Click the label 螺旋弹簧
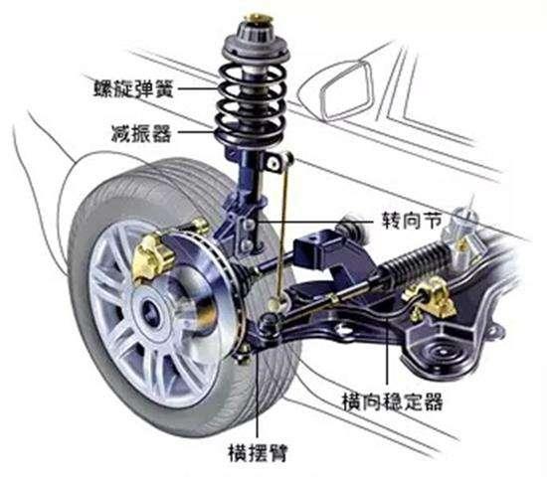click(133, 88)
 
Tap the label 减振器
click(141, 133)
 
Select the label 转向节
click(412, 221)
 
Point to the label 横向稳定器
click(393, 402)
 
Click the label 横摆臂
click(259, 452)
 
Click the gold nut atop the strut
click(258, 18)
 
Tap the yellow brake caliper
click(152, 257)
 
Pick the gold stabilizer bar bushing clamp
click(430, 297)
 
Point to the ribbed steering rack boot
click(412, 258)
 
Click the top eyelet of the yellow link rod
click(287, 158)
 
